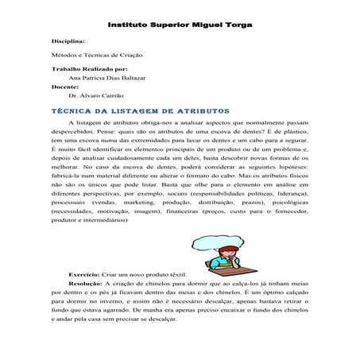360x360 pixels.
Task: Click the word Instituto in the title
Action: click(x=128, y=24)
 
